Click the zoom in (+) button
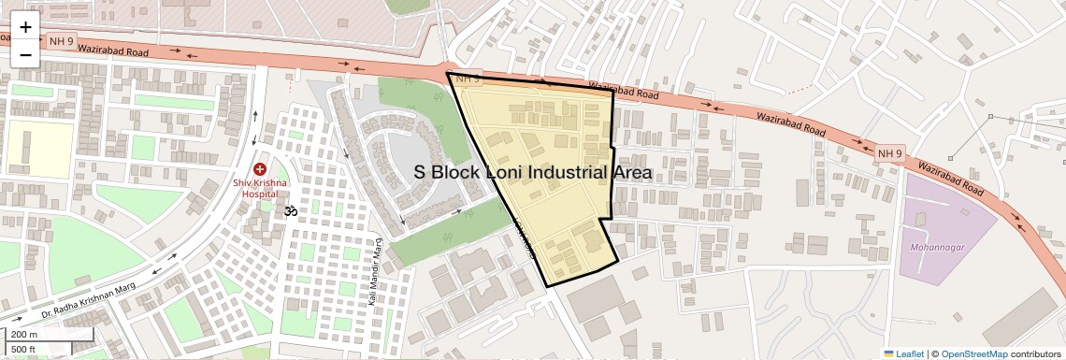click(x=25, y=27)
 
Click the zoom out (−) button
click(x=25, y=53)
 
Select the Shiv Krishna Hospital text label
click(x=260, y=188)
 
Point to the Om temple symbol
click(x=290, y=210)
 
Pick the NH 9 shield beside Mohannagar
click(x=890, y=152)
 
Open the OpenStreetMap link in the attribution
click(x=973, y=353)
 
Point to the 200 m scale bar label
click(x=24, y=335)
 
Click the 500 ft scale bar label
click(x=23, y=349)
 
